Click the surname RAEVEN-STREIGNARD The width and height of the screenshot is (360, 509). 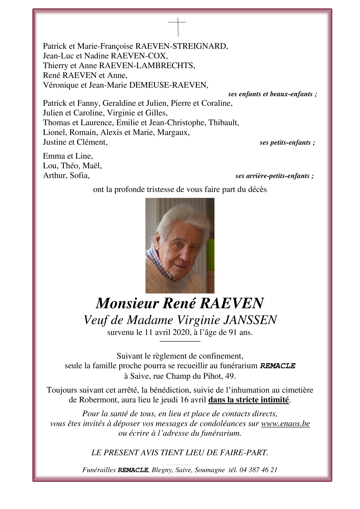(181, 46)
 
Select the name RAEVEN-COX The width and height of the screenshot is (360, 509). (139, 56)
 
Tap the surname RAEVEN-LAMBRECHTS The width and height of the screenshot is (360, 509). (147, 66)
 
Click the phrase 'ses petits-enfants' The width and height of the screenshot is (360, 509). (287, 143)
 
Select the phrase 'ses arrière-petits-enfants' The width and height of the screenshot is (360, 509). (274, 176)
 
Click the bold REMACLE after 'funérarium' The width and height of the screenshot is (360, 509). (278, 366)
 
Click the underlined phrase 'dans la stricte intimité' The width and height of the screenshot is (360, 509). (248, 400)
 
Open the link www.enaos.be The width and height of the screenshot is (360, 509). (285, 423)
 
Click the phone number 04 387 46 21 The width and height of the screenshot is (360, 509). (258, 470)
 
